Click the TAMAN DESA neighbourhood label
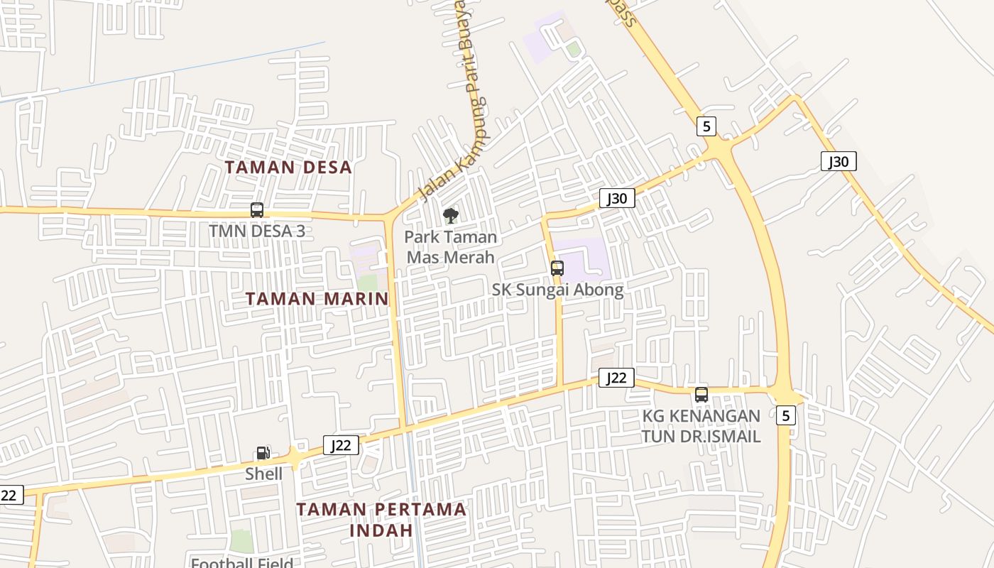[288, 168]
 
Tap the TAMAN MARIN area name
[317, 299]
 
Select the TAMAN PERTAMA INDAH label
[381, 520]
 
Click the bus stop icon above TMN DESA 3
[257, 210]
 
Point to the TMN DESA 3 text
[257, 231]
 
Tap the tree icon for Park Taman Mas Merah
[450, 216]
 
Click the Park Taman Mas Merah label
[451, 246]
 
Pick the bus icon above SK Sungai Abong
[557, 268]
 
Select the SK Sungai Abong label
[557, 290]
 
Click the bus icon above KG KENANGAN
[701, 395]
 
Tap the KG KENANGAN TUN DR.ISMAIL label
[701, 426]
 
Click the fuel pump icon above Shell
[263, 453]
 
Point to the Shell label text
[264, 474]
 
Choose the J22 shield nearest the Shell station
[341, 445]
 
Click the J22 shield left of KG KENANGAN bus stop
[616, 378]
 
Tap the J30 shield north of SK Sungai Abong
[617, 198]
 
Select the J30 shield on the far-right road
[839, 161]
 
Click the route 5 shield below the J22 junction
[785, 415]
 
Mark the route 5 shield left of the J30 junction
[706, 126]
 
